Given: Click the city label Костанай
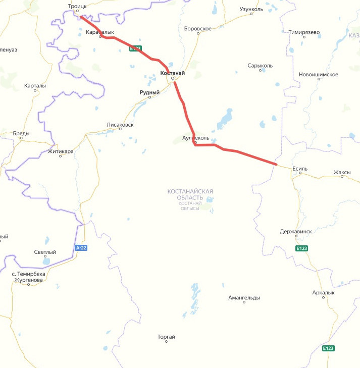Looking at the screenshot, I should [x=172, y=73].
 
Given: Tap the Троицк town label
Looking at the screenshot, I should [x=77, y=6].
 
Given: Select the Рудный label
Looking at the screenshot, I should [x=149, y=92].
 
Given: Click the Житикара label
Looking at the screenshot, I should [x=60, y=151].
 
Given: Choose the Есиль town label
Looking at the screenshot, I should [x=300, y=169].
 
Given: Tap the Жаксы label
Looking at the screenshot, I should [x=342, y=172].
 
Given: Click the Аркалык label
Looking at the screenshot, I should [x=323, y=293].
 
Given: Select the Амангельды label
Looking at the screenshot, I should [x=244, y=298].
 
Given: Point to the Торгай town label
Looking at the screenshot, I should [x=166, y=337].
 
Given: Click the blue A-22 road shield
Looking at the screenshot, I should [x=81, y=248].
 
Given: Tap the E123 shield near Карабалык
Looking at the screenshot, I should [x=135, y=48].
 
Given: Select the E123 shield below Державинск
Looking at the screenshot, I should [x=302, y=248].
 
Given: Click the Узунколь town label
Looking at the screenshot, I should [x=251, y=9].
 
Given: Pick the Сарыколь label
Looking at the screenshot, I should [x=260, y=66].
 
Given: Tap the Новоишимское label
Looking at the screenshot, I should [x=319, y=75].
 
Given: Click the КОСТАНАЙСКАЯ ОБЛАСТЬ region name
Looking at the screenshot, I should [x=190, y=194].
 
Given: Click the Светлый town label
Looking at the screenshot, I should [x=45, y=252].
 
